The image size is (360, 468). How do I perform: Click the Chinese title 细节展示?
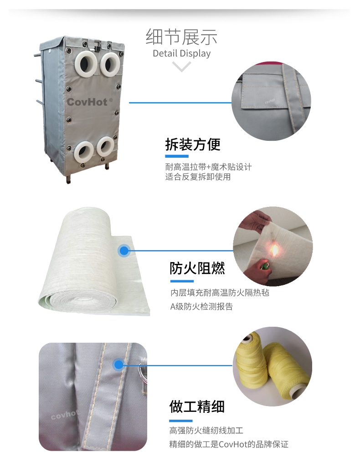181,37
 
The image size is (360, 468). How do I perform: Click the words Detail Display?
181,53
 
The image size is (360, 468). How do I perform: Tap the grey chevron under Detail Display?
181,66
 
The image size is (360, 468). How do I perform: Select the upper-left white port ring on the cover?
86,62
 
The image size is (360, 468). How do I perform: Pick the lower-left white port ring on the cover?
84,152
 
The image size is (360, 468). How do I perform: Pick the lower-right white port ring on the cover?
105,147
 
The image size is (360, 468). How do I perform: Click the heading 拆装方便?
193,144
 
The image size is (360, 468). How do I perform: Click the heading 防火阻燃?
197,268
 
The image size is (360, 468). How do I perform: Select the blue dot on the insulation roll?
123,251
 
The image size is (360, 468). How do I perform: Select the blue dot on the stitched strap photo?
118,365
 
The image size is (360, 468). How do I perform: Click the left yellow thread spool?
251,361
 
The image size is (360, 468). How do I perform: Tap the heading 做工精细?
197,407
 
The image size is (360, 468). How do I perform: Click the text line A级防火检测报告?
201,307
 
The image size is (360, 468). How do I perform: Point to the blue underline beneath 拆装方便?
177,156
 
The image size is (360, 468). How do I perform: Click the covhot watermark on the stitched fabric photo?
64,414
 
